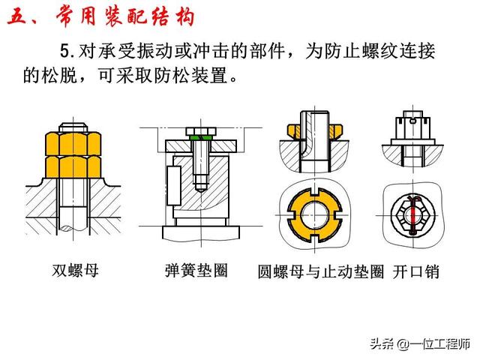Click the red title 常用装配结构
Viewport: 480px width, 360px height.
pyautogui.click(x=125, y=16)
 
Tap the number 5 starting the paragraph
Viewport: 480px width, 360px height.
pyautogui.click(x=65, y=51)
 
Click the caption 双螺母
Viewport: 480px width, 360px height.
pyautogui.click(x=75, y=271)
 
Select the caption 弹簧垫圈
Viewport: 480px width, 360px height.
pyautogui.click(x=196, y=271)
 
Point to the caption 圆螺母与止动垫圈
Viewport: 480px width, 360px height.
pyautogui.click(x=321, y=271)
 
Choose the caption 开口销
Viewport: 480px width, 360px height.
pyautogui.click(x=415, y=271)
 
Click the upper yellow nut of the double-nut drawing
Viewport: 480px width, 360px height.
pyautogui.click(x=73, y=144)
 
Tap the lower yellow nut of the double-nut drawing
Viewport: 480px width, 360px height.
pyautogui.click(x=73, y=167)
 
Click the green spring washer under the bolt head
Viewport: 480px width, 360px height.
pyautogui.click(x=201, y=138)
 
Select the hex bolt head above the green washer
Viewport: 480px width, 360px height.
pyautogui.click(x=201, y=131)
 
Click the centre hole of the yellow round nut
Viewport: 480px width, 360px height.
pyautogui.click(x=315, y=215)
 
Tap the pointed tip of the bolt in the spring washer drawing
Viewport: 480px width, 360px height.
pyautogui.click(x=201, y=192)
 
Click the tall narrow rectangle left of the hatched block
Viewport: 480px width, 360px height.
pyautogui.click(x=174, y=185)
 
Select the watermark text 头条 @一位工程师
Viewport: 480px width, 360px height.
pyautogui.click(x=420, y=343)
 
